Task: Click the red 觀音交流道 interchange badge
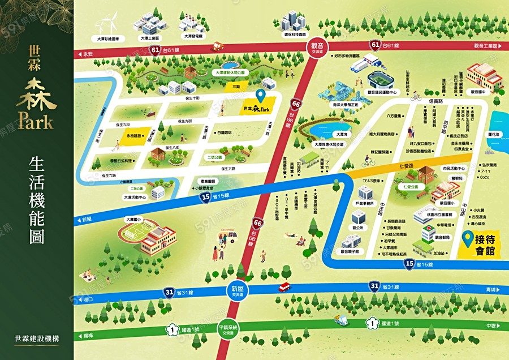point(316,47)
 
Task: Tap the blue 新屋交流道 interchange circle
point(238,291)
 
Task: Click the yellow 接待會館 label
point(485,246)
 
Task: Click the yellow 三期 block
point(237,87)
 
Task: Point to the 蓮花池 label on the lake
point(494,135)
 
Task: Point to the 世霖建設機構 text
point(37,339)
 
